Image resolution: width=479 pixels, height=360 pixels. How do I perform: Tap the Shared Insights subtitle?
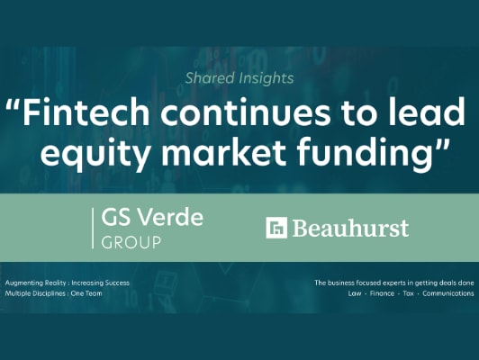(x=239, y=78)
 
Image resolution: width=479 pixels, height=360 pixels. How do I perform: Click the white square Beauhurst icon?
(x=276, y=228)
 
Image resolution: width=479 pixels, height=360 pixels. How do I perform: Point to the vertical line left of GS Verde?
(x=94, y=228)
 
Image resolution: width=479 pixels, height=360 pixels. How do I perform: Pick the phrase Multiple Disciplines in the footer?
(x=37, y=293)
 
